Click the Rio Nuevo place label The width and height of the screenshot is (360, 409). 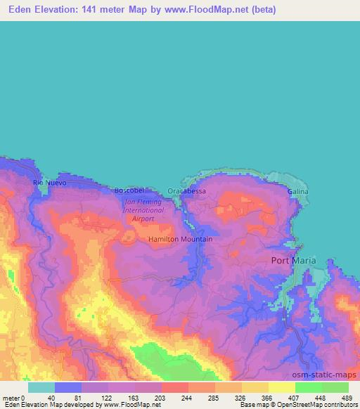pyautogui.click(x=49, y=183)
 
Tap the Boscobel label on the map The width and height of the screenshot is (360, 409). pyautogui.click(x=129, y=190)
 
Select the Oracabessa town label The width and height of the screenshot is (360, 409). pyautogui.click(x=187, y=191)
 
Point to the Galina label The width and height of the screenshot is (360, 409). pyautogui.click(x=298, y=191)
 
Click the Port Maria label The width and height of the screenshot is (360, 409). pyautogui.click(x=294, y=260)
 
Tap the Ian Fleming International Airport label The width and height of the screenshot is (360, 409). pyautogui.click(x=143, y=209)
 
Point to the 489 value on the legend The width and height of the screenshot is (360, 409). pyautogui.click(x=347, y=397)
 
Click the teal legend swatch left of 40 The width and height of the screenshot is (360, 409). pyautogui.click(x=41, y=387)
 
